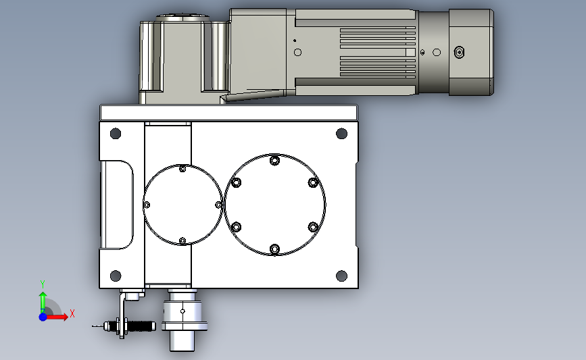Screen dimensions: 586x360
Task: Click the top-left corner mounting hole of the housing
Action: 115,133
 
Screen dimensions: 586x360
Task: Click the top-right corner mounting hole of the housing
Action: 341,133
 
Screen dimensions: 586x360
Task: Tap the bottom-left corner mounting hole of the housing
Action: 115,276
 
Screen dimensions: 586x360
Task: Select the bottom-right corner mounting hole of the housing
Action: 341,276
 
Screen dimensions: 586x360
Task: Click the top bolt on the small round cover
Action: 182,169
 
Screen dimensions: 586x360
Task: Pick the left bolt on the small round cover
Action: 147,205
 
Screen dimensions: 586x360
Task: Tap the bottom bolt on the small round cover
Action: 182,240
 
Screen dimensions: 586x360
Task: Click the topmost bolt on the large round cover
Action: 274,161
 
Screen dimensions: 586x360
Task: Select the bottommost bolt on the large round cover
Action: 274,250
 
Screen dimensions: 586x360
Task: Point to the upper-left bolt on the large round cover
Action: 237,182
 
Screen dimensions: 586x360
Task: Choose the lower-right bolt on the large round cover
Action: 312,227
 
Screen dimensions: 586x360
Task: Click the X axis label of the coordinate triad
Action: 72,313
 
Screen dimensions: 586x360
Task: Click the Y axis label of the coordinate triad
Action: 42,284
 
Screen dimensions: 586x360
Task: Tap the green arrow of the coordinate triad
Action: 43,300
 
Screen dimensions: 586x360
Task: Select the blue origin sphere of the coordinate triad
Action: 43,316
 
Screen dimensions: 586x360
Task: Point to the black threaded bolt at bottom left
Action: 142,326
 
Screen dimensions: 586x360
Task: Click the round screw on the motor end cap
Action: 460,52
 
